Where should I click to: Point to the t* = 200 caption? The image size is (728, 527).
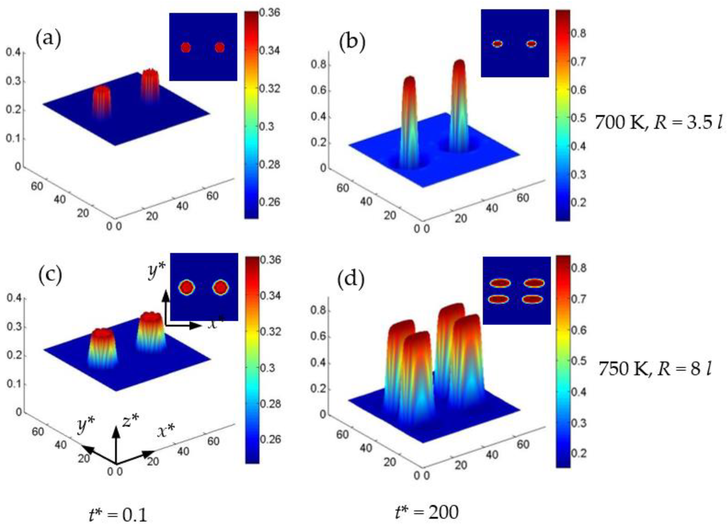pyautogui.click(x=427, y=512)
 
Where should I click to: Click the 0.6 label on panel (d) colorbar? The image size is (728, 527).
pyautogui.click(x=578, y=330)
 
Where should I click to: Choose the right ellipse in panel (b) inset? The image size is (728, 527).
pyautogui.click(x=532, y=44)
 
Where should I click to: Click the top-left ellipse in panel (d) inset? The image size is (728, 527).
pyautogui.click(x=499, y=283)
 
